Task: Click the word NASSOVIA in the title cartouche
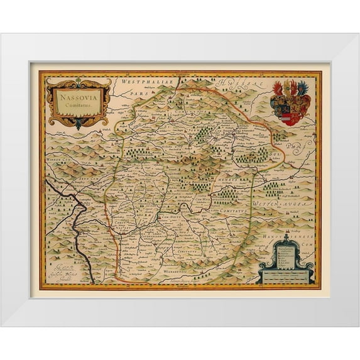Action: click(79, 97)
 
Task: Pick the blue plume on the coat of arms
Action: click(303, 87)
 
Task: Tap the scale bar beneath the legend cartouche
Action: click(286, 276)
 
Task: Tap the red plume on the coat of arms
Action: click(278, 87)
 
